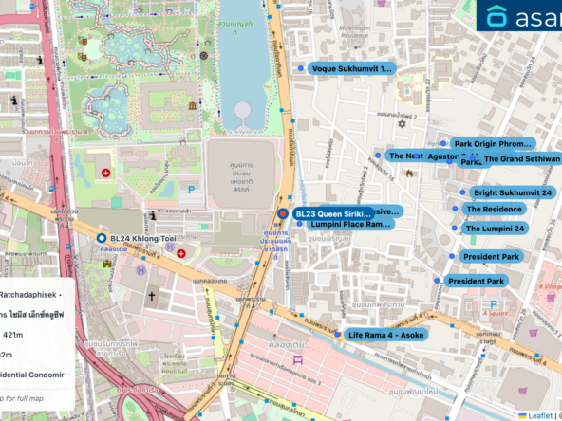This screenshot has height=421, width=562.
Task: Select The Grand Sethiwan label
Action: click(521, 159)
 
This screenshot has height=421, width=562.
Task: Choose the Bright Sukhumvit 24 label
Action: click(512, 192)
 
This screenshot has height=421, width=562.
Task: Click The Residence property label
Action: click(496, 210)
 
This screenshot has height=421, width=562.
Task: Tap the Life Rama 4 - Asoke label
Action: click(387, 335)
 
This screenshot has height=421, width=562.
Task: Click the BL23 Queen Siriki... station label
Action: click(332, 214)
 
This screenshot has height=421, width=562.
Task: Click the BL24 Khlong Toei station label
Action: click(142, 238)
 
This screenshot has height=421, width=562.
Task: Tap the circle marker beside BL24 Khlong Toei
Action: click(102, 238)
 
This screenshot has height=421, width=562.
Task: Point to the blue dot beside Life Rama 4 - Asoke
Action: click(338, 335)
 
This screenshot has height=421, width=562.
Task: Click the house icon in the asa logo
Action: click(497, 16)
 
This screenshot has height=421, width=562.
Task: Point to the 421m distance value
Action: click(12, 335)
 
